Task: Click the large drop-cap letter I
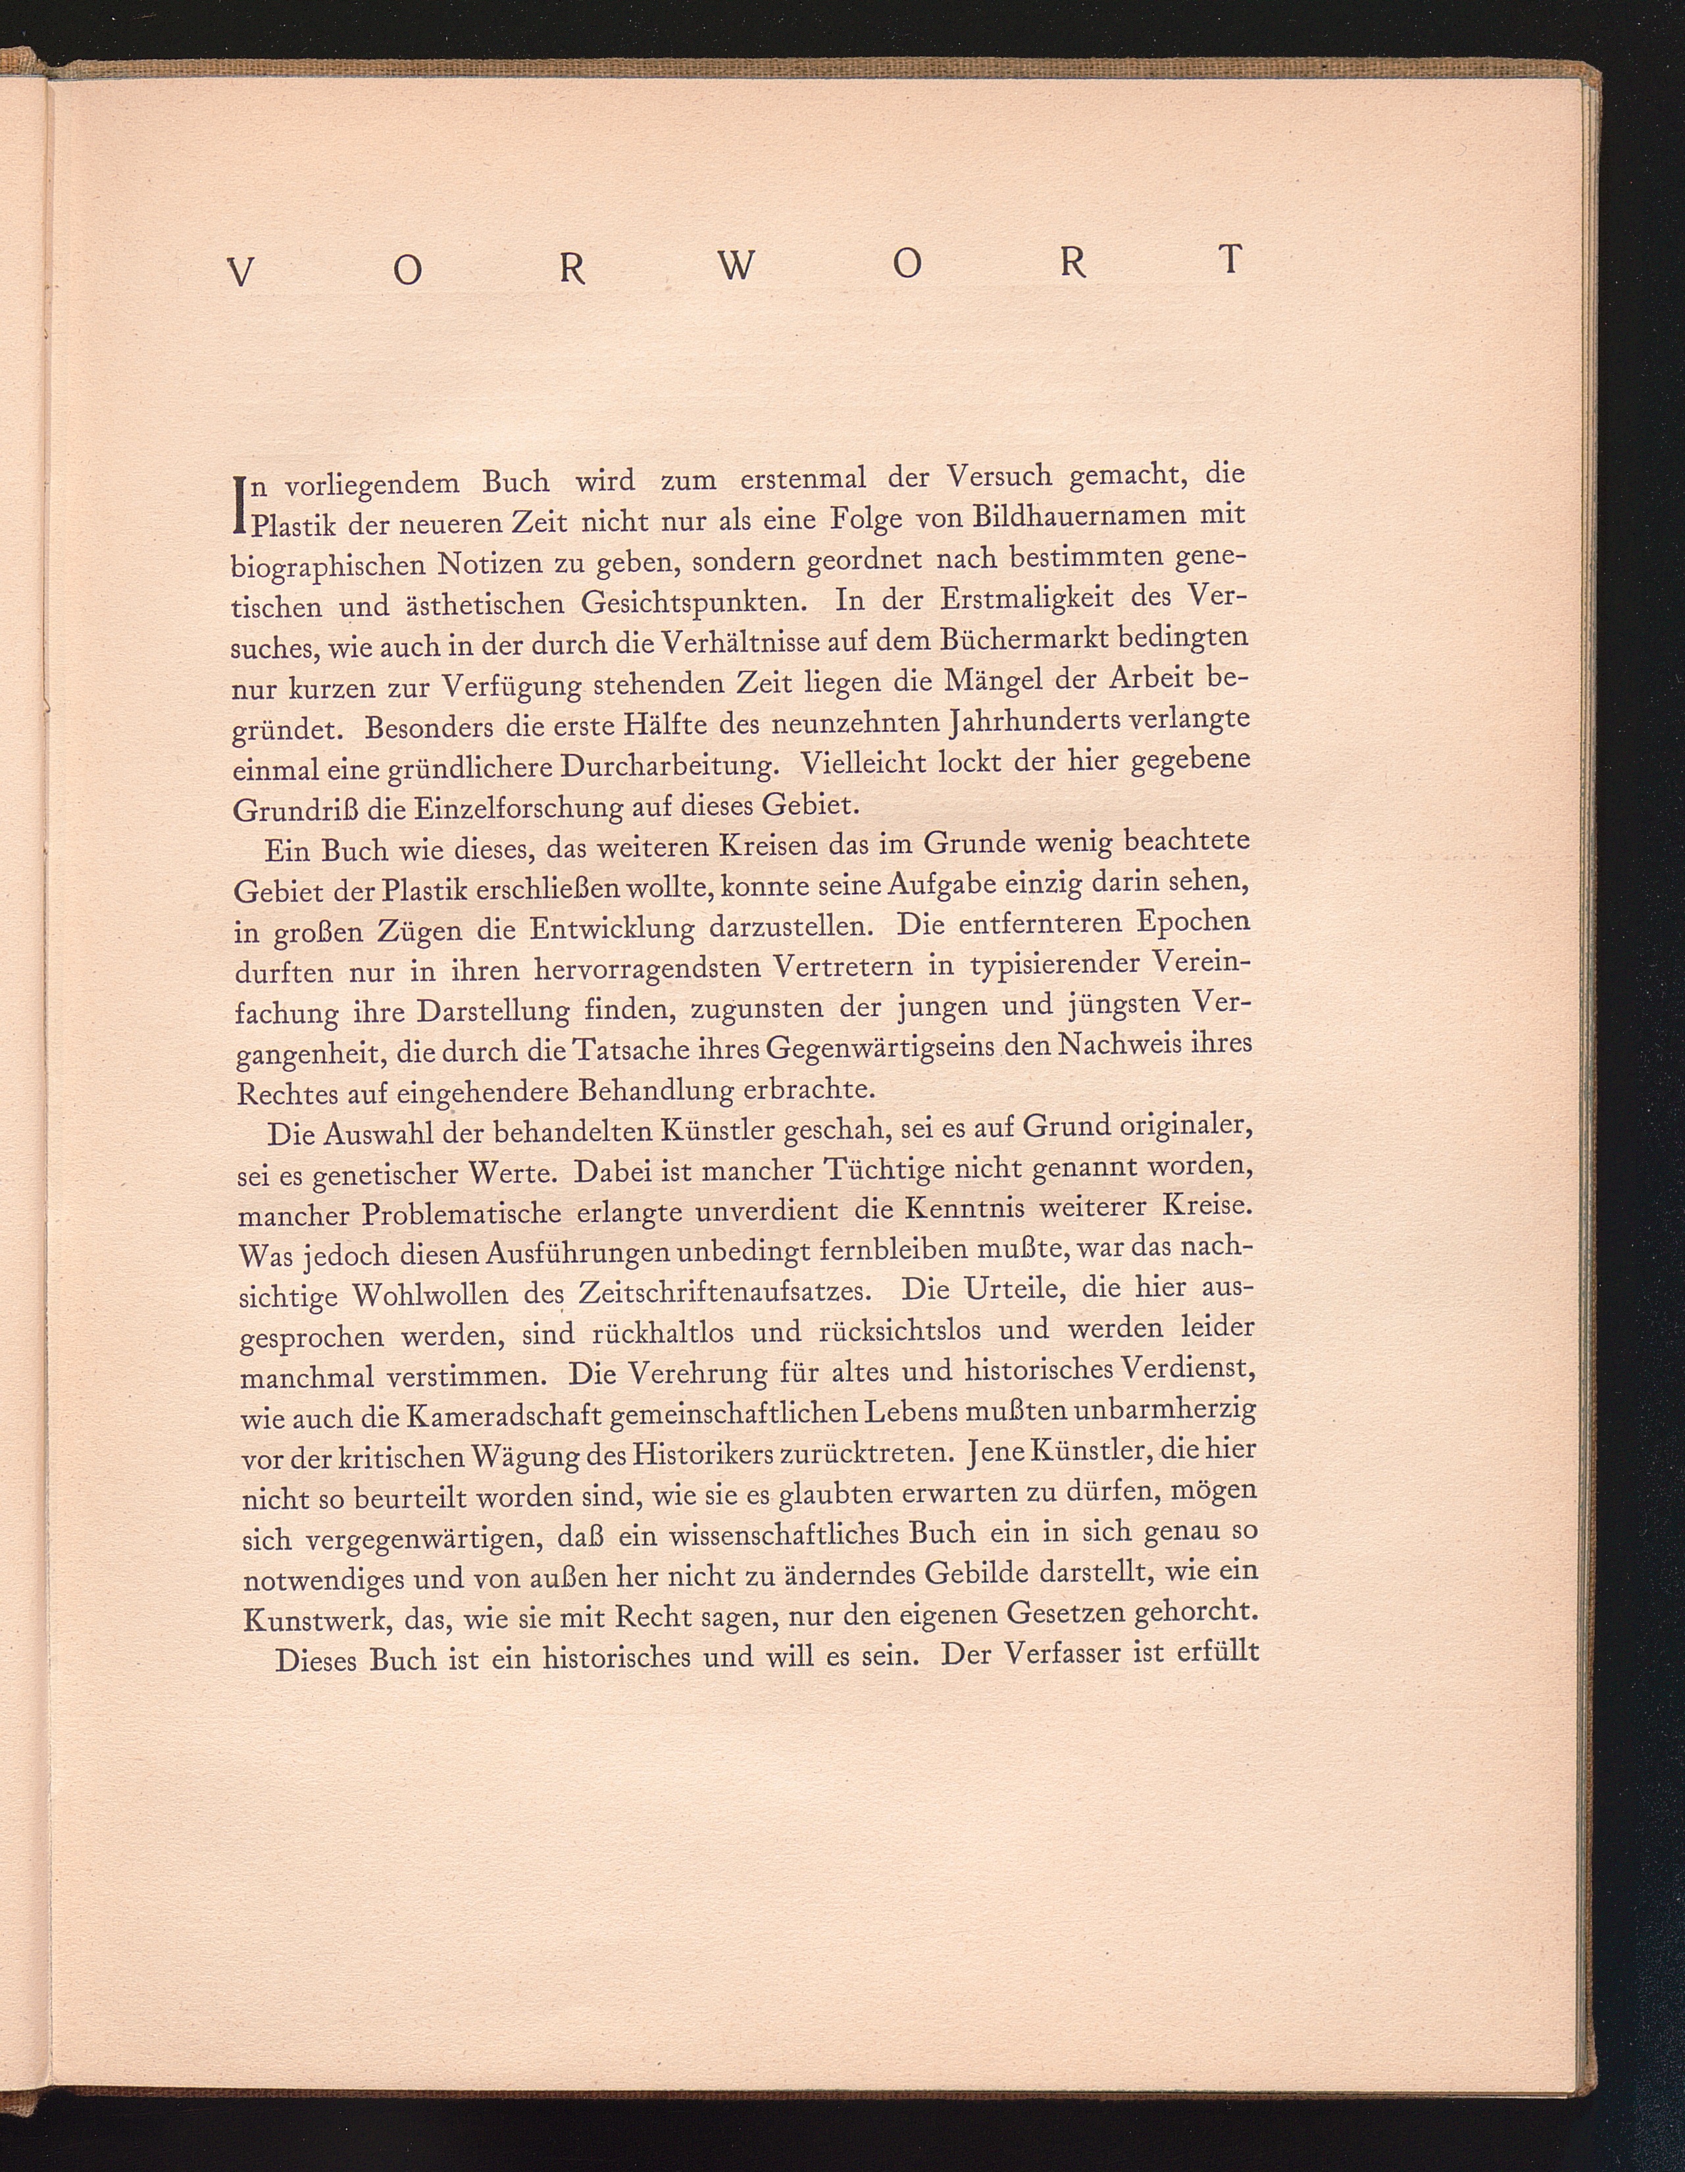coord(239,503)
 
